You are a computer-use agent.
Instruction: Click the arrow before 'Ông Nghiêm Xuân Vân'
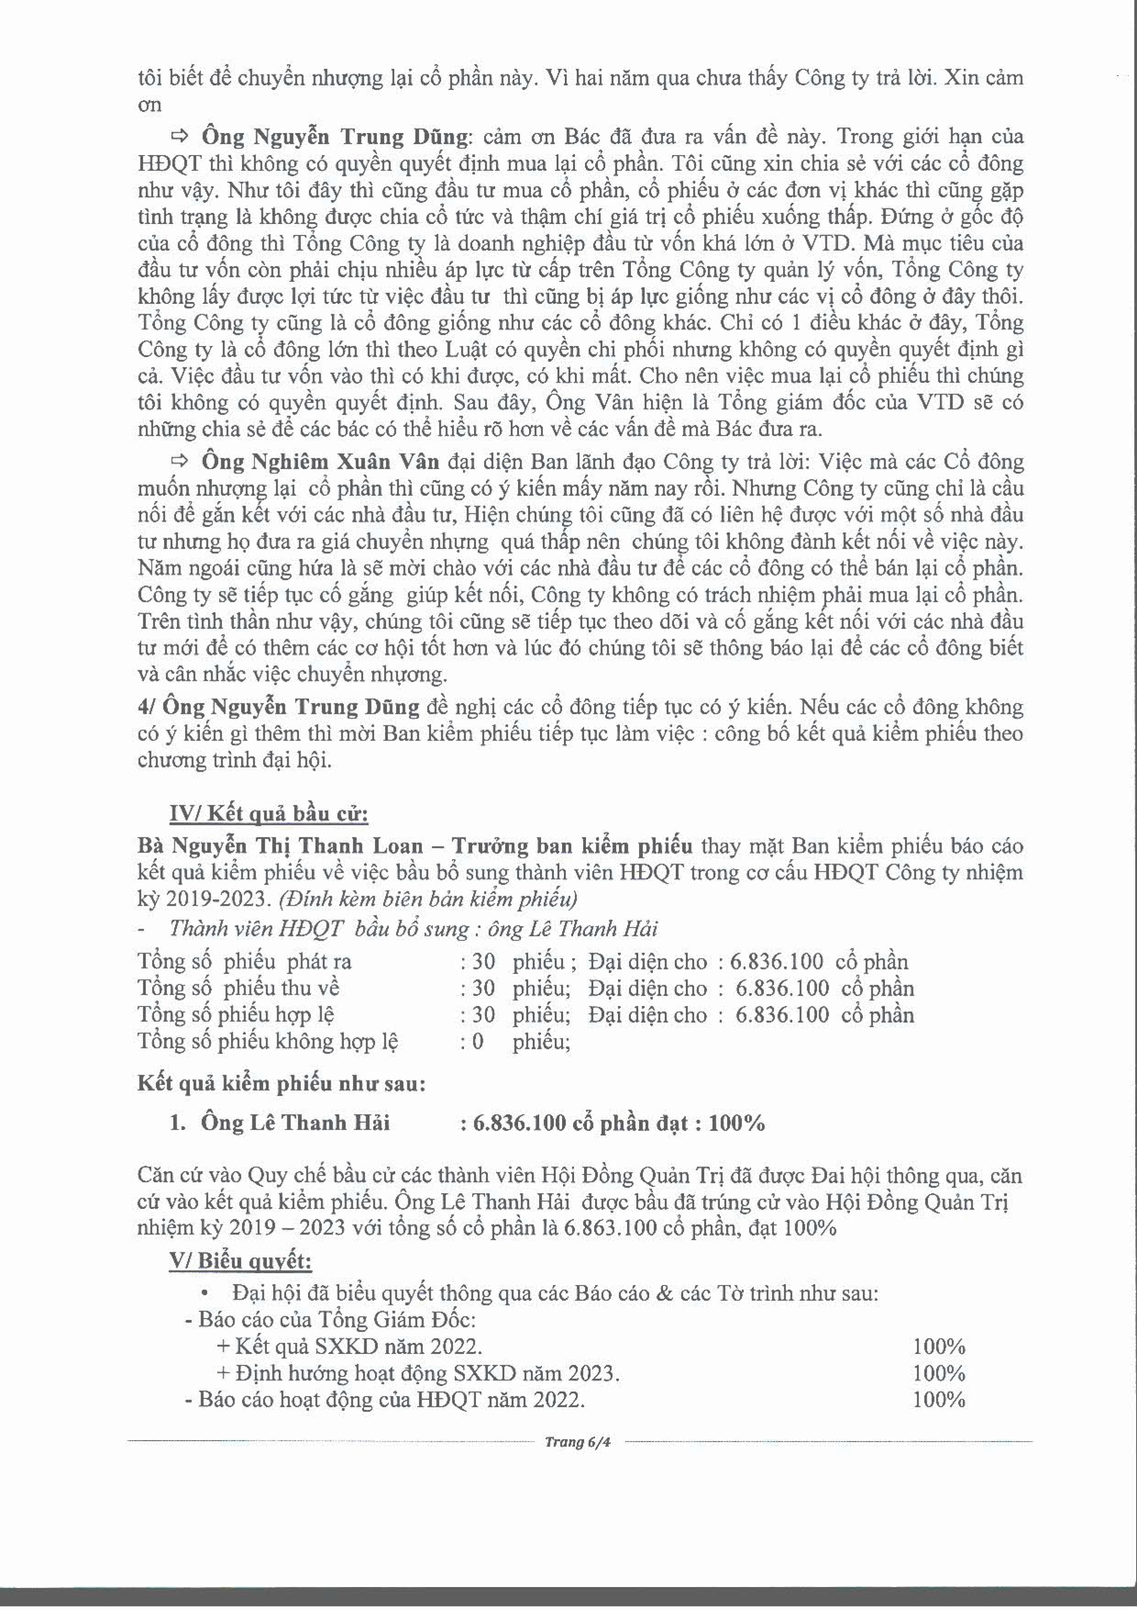181,461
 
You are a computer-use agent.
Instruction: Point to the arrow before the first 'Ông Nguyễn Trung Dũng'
181,135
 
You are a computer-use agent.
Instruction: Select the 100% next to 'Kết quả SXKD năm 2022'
939,1346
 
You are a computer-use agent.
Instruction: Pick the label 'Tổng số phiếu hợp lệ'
235,1015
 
